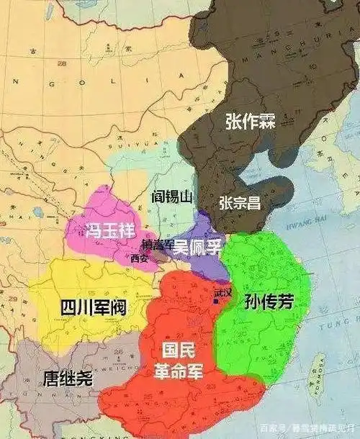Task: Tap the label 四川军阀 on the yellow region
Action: [x=88, y=307]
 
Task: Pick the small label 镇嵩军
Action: [x=158, y=245]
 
